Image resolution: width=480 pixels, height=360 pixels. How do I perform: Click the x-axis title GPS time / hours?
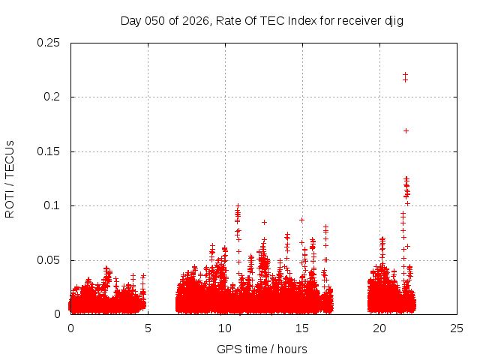[x=262, y=349]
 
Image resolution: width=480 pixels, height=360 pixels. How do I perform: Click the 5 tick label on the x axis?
[x=148, y=328]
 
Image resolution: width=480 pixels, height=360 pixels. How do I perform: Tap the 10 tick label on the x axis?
[x=225, y=328]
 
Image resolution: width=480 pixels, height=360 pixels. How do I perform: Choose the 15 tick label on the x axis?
[x=302, y=328]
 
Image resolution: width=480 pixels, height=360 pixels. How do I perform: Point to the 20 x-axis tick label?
[x=379, y=328]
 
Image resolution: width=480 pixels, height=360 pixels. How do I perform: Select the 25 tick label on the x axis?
[x=457, y=328]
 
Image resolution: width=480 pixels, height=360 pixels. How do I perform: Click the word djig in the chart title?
[x=394, y=20]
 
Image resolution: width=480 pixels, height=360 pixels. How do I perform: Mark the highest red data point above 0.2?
[x=405, y=74]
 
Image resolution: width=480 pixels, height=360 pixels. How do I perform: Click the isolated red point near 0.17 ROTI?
[x=406, y=130]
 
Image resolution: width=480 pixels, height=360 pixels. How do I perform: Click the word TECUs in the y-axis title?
[x=10, y=157]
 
